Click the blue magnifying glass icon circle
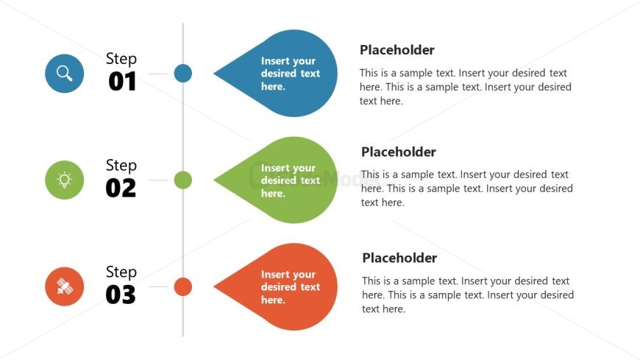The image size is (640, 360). coord(65,74)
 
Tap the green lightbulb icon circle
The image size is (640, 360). coord(65,180)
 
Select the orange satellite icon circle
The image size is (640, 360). coord(65,286)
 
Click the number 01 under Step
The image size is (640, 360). coord(122,81)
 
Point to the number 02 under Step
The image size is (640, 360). coord(121,188)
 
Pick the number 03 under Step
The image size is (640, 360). coord(121,294)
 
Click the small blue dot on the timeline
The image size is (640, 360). coord(183,74)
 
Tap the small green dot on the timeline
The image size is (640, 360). coord(183,180)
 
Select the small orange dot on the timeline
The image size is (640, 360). coord(183,286)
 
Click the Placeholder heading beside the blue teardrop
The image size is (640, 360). coord(397,50)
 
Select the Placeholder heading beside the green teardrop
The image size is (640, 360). coord(399,152)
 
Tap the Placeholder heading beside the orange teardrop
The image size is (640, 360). coord(399,258)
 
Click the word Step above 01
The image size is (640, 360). coord(121,59)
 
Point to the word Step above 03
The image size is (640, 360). coord(121,272)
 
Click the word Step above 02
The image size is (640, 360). coord(121,166)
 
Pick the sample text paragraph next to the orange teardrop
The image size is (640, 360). coord(468,294)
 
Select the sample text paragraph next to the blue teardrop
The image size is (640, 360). coord(466,87)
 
